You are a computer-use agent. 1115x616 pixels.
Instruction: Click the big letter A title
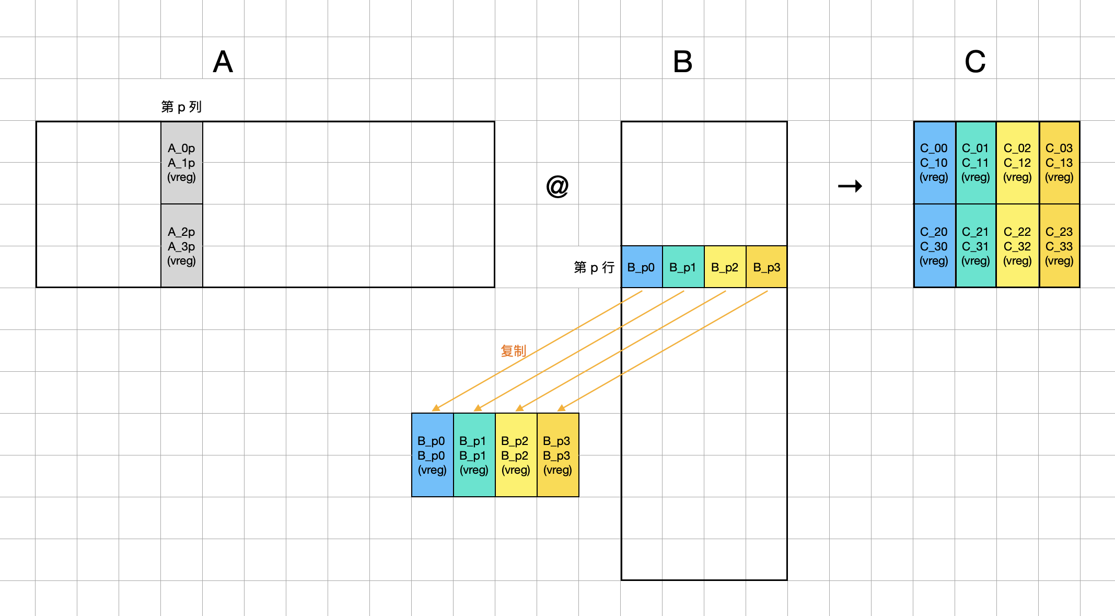pos(223,62)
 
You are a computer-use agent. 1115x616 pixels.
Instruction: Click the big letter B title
pos(682,62)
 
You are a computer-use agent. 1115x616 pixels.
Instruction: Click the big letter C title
pos(975,62)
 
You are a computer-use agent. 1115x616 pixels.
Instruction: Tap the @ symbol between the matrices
pos(557,186)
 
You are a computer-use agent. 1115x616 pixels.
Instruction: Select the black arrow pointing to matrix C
pos(850,186)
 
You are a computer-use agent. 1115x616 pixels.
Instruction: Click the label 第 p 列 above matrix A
pos(181,107)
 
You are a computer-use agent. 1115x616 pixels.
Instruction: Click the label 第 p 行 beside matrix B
pos(594,267)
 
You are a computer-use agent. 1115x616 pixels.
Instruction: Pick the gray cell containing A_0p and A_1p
pos(181,163)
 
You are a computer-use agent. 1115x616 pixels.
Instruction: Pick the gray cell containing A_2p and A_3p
pos(181,246)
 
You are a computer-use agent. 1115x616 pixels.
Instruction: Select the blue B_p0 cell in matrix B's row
pos(641,267)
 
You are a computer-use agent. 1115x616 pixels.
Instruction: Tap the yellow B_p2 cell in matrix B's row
pos(725,267)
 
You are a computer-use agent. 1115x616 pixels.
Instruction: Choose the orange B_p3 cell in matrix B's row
pos(766,267)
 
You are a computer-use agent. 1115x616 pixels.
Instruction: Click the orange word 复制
pos(513,351)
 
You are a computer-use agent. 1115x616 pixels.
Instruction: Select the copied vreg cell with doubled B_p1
pos(474,455)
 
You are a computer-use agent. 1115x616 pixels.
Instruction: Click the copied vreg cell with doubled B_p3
pos(557,455)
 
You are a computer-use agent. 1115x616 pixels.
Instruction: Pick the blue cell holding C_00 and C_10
pos(934,163)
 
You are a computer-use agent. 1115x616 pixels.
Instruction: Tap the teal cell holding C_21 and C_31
pos(975,246)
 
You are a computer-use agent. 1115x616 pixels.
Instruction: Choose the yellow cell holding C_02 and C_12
pos(1017,163)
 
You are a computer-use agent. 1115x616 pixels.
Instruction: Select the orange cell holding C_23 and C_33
pos(1059,246)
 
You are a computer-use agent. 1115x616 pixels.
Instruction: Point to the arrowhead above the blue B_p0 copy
pos(436,408)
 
